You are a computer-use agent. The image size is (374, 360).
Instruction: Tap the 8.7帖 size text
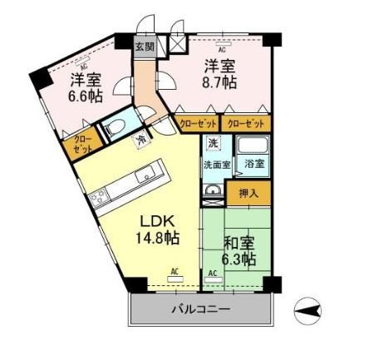[x=221, y=83]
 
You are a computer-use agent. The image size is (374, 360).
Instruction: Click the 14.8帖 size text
[x=159, y=239]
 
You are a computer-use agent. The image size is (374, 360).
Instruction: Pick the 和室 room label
[x=239, y=244]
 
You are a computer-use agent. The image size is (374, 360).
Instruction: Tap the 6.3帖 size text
[x=239, y=260]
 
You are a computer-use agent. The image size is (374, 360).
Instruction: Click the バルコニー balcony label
[x=201, y=309]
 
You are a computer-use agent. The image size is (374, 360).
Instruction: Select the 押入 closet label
[x=249, y=195]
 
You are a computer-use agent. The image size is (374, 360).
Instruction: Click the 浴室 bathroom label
[x=255, y=165]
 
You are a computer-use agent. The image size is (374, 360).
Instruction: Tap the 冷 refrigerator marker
[x=141, y=140]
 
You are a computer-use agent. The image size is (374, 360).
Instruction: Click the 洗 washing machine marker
[x=213, y=144]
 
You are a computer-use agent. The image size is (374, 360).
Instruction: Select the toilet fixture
[x=115, y=129]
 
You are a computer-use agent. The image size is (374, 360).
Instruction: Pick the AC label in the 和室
[x=212, y=274]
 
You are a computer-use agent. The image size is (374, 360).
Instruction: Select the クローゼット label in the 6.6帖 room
[x=85, y=145]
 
